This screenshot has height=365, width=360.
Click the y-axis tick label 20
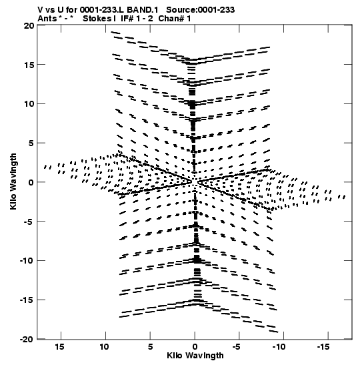click(29, 25)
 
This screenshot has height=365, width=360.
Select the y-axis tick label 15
click(29, 65)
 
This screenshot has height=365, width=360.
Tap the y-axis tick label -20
click(26, 339)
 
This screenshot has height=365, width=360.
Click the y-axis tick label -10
click(27, 260)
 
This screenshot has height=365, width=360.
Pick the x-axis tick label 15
click(59, 347)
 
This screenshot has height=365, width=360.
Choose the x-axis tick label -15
click(323, 347)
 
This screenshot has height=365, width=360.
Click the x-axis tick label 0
click(195, 347)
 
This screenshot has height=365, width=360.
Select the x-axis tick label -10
click(279, 347)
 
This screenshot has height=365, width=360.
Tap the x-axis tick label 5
click(150, 347)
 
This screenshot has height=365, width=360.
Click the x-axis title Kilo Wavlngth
click(195, 356)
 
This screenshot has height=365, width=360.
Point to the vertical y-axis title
click(13, 181)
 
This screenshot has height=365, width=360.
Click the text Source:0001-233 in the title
click(200, 10)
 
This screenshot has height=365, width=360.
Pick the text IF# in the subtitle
click(127, 19)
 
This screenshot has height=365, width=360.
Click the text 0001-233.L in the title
click(102, 10)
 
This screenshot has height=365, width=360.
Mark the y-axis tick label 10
click(29, 104)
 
